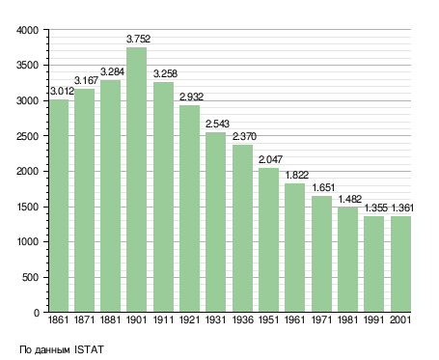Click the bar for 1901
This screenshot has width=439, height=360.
click(136, 180)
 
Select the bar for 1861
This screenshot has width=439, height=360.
click(59, 206)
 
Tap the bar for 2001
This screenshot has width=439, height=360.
click(400, 264)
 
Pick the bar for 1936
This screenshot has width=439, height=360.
click(242, 229)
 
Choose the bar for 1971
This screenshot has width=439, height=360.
click(321, 254)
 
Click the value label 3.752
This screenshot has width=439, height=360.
click(138, 39)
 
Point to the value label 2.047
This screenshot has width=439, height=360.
click(270, 159)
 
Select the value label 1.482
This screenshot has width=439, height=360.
click(350, 199)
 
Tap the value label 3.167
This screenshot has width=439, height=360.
click(86, 80)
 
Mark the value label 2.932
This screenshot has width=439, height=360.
click(191, 97)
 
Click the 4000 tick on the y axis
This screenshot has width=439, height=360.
click(27, 30)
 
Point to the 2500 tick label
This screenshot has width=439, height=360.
click(27, 136)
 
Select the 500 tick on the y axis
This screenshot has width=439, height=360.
click(30, 277)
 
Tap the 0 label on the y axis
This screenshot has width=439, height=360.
click(37, 313)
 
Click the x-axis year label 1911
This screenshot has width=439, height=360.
click(163, 319)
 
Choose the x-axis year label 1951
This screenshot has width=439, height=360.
click(268, 319)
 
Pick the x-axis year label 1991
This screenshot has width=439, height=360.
click(373, 319)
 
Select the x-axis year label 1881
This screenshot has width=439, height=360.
click(110, 319)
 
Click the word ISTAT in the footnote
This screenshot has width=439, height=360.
click(89, 349)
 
